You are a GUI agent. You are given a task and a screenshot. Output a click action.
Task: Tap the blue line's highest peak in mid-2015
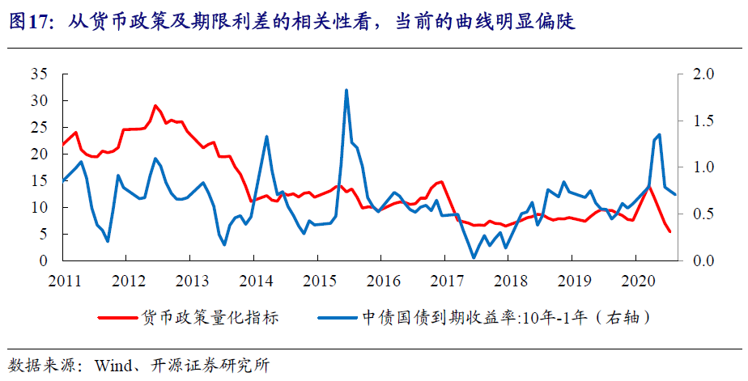[346, 90]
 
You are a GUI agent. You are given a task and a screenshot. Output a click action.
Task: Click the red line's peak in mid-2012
[155, 106]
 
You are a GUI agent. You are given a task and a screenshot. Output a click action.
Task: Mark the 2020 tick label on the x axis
[638, 281]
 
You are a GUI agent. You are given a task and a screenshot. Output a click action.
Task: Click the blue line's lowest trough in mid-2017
[474, 257]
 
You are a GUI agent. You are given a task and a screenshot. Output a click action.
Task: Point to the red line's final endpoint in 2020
[669, 232]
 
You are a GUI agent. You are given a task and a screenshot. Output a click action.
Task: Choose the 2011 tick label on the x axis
[64, 281]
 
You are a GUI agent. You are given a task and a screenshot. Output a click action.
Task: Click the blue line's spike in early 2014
[267, 136]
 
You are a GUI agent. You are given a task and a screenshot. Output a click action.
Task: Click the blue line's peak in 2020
[659, 135]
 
